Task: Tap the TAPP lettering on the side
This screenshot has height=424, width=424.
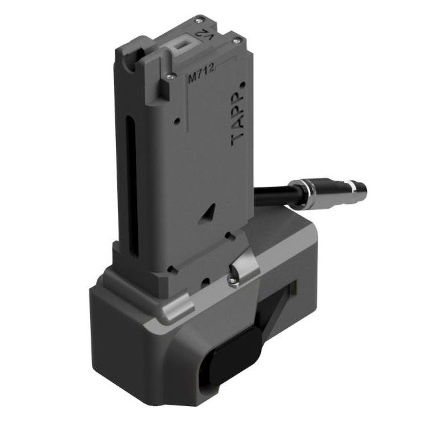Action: [237, 119]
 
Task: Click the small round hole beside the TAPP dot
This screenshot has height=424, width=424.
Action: [243, 85]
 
